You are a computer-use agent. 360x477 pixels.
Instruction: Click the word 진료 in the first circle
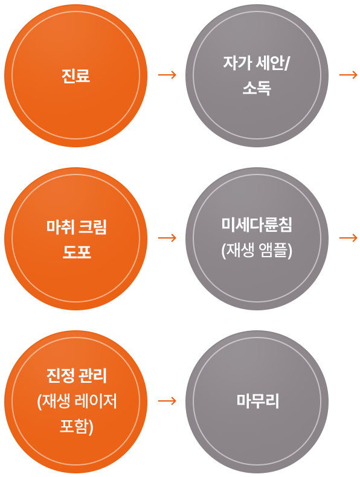click(76, 76)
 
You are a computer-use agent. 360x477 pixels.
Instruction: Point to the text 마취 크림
click(76, 228)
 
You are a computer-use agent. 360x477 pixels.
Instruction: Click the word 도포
click(76, 251)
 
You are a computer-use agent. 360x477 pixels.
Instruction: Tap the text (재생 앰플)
click(257, 250)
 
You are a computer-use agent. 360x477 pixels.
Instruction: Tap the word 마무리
click(257, 401)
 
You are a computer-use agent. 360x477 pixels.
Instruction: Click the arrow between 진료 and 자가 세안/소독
click(166, 75)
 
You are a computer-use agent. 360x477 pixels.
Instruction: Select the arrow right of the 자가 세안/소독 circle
click(348, 75)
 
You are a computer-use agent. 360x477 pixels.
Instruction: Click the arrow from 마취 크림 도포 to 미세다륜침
click(166, 238)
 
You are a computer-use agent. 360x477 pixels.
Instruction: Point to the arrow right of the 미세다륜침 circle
click(348, 238)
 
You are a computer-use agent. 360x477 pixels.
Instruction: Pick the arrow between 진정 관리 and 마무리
click(166, 401)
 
